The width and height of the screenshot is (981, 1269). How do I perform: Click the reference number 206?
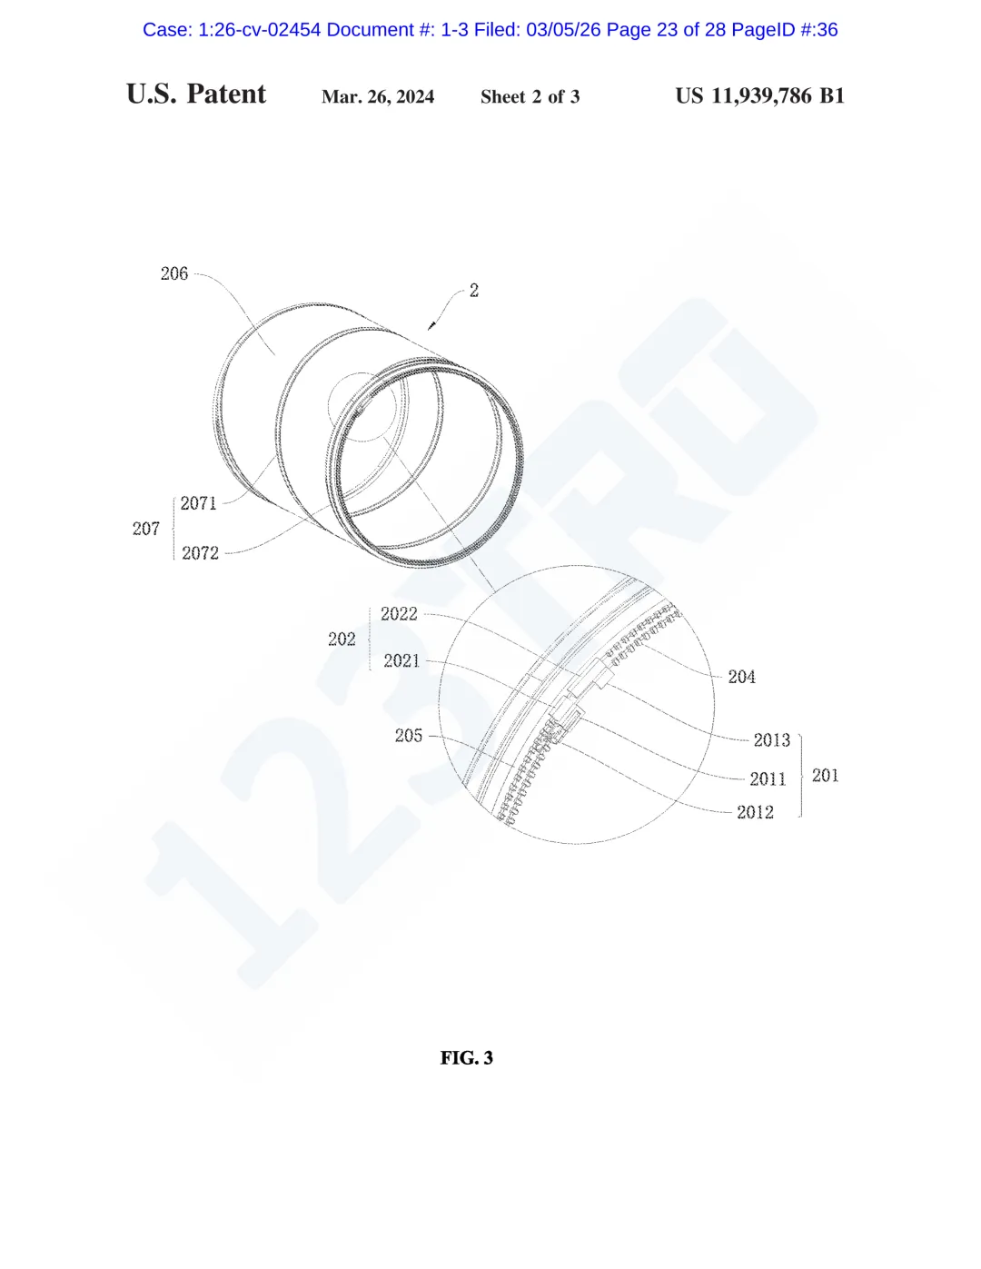click(174, 273)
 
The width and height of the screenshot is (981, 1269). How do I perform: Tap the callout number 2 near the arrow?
click(474, 291)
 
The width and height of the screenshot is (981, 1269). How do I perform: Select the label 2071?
click(199, 503)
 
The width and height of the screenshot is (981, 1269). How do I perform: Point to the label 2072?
click(200, 552)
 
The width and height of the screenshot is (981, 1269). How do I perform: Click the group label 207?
click(146, 529)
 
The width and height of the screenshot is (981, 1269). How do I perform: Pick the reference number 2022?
click(399, 614)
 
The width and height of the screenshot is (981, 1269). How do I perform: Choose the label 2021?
click(401, 660)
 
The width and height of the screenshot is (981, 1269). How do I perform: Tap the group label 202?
click(342, 639)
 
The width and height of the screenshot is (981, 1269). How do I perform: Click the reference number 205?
click(408, 735)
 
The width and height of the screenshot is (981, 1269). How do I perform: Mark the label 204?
click(741, 677)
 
